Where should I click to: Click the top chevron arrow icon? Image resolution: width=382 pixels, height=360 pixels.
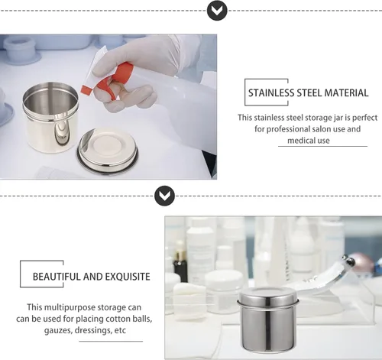click(217, 10)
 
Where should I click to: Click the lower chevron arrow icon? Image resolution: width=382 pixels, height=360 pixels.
click(164, 196)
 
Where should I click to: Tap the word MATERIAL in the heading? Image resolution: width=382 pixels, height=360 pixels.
click(346, 92)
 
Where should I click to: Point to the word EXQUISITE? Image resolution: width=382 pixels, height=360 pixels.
click(128, 277)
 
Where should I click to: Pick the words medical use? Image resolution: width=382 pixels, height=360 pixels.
click(309, 141)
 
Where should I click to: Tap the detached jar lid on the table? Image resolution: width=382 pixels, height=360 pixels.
click(108, 151)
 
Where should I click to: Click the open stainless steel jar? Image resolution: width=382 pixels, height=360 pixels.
click(50, 116)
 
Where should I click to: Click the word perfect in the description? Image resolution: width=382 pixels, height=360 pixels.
click(364, 118)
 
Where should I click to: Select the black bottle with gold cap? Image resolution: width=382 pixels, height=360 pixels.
click(180, 263)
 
